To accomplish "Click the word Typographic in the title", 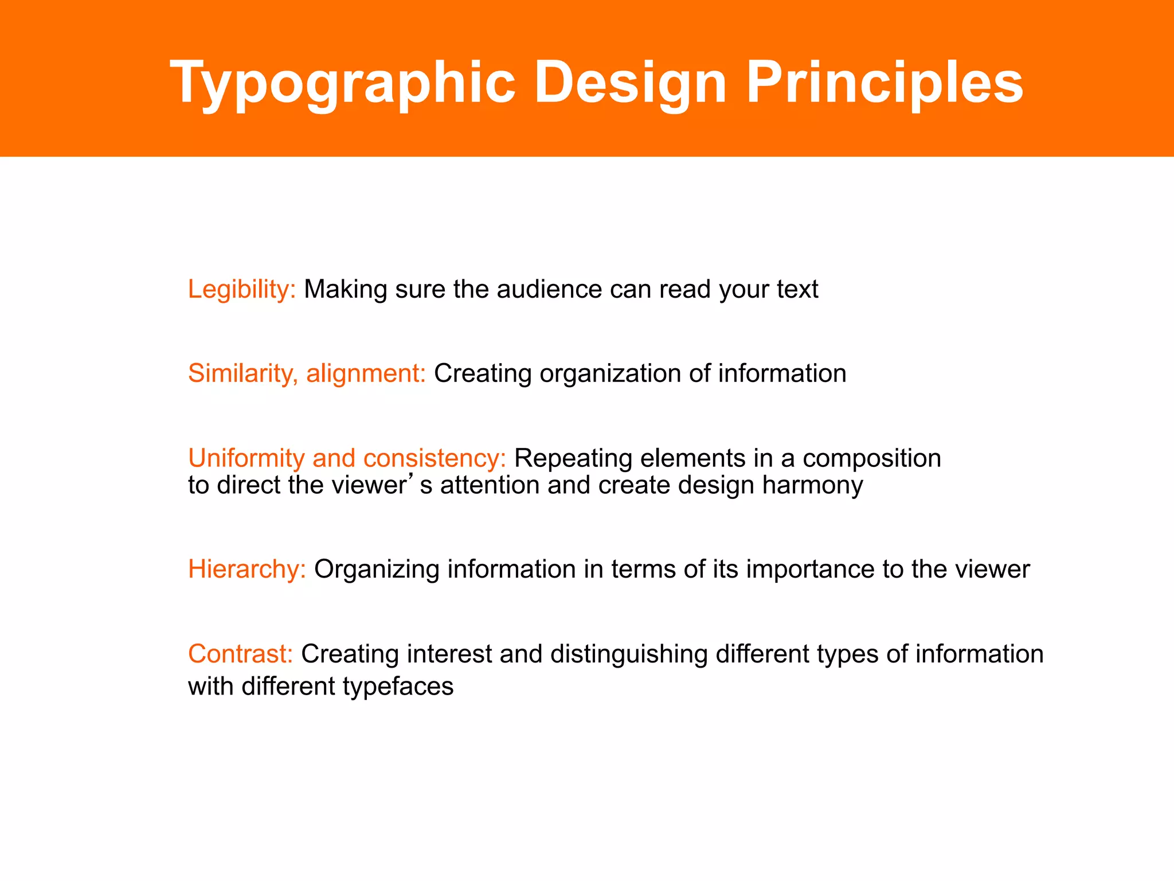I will [x=343, y=83].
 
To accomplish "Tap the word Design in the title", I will [x=630, y=83].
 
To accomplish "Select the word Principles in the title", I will [x=885, y=83].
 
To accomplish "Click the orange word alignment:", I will [x=366, y=374].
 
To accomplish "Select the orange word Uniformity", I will [x=246, y=458].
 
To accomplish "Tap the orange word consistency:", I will [x=435, y=458].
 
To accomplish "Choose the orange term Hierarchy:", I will [x=247, y=570].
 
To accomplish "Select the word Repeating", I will [x=573, y=458].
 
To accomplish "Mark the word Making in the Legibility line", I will [x=346, y=290].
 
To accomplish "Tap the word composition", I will [x=871, y=458].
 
